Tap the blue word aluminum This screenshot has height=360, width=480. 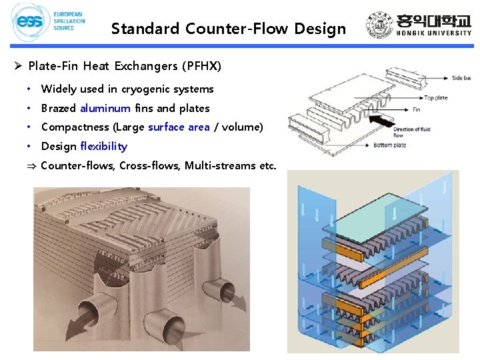coord(105,108)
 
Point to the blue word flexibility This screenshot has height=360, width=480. coord(103,146)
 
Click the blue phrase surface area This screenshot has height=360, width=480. coord(179,127)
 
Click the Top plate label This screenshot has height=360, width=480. coord(435,97)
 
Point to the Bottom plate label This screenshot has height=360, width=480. coord(408,145)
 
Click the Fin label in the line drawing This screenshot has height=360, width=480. coord(417,109)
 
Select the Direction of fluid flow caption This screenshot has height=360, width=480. coord(409,131)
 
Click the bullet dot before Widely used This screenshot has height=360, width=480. coord(31,89)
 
